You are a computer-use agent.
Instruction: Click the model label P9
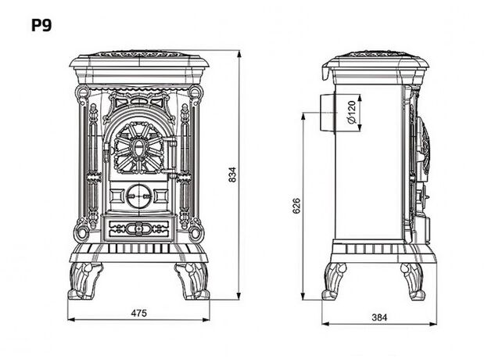[41, 24]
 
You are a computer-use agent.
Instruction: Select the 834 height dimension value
[232, 176]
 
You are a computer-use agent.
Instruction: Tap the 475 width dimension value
[139, 313]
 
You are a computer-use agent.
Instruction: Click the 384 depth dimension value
[379, 317]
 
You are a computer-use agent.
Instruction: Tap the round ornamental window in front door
[138, 147]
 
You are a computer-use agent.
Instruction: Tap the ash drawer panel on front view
[138, 228]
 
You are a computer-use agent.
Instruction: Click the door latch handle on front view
[167, 161]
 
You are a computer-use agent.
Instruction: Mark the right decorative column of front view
[186, 164]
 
